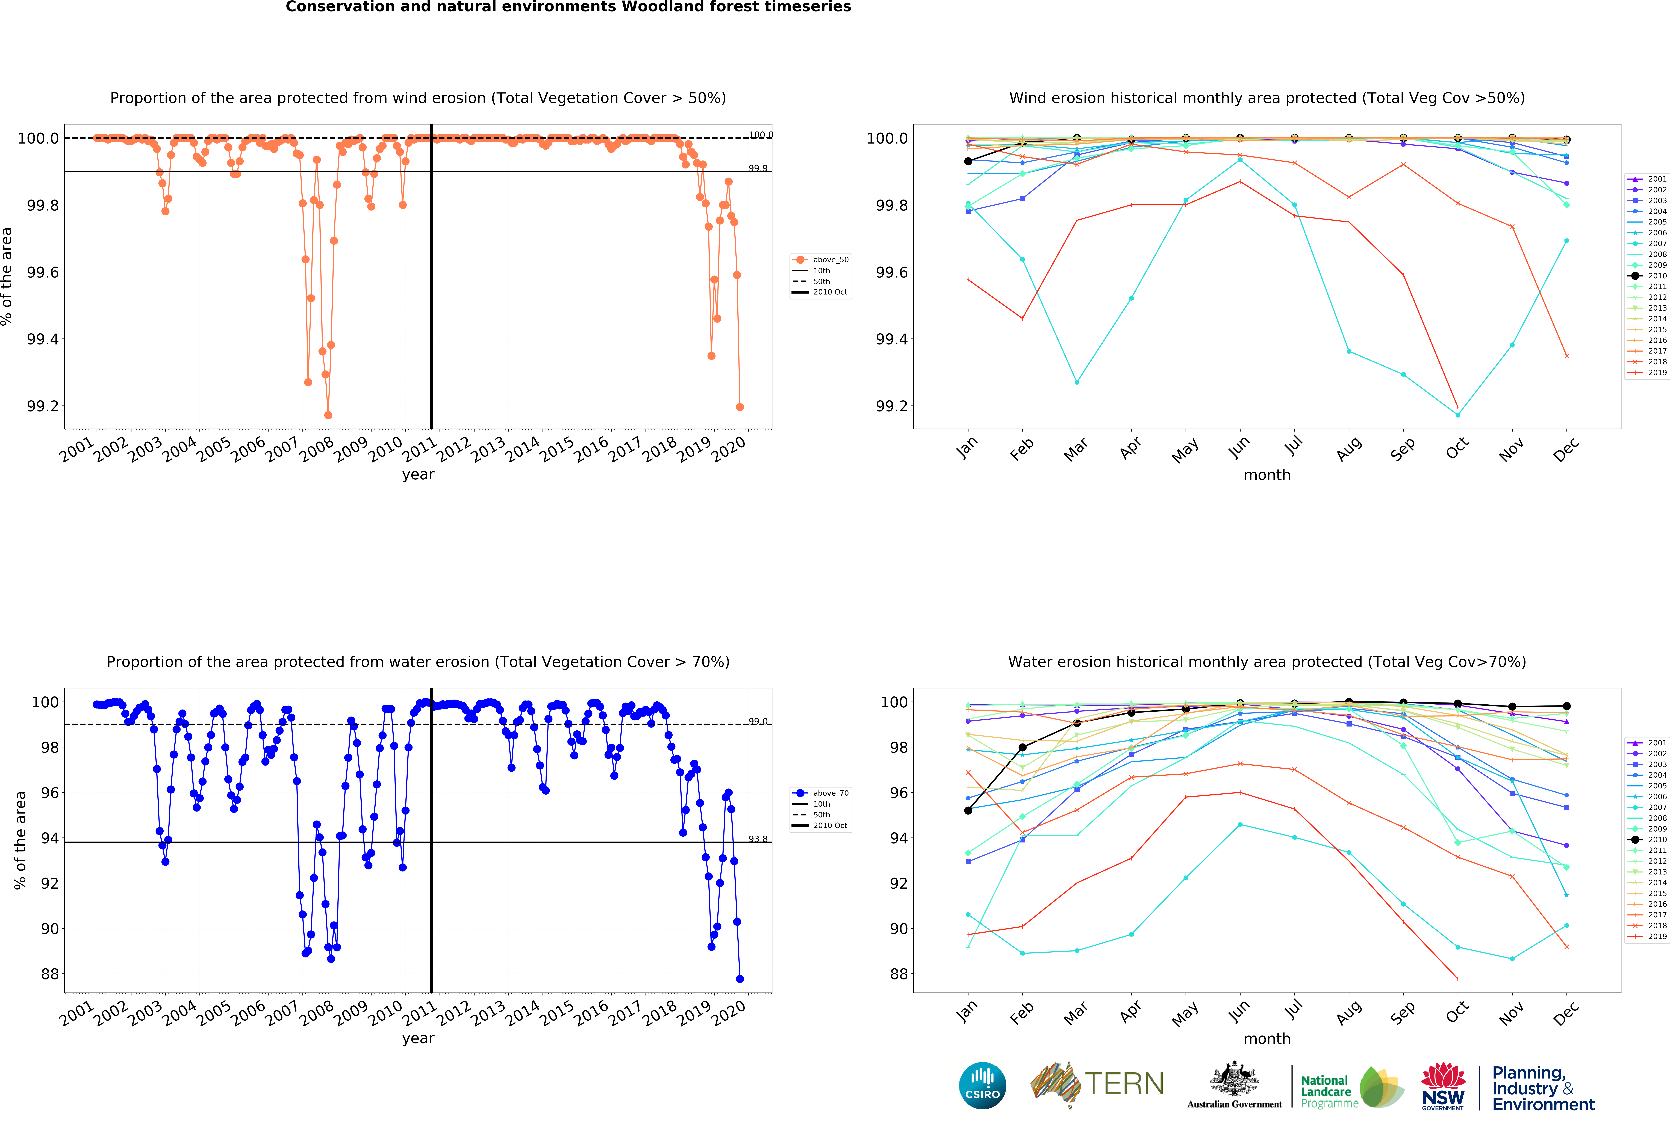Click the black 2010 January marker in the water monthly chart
click(968, 810)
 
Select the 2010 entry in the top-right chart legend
click(1649, 275)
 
